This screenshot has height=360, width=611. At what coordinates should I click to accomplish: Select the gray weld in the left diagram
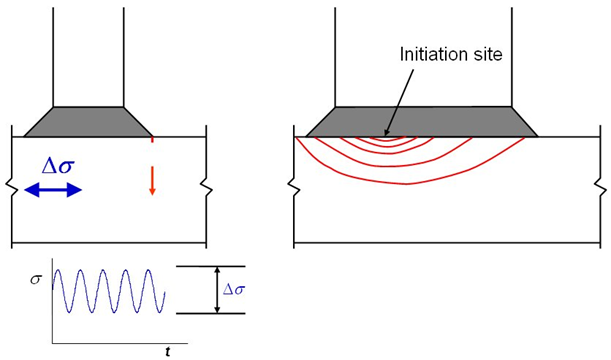tap(88, 122)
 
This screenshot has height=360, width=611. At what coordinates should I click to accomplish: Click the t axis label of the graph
tap(167, 351)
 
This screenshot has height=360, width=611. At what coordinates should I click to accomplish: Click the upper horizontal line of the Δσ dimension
tap(210, 266)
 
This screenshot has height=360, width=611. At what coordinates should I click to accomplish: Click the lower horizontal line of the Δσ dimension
tap(210, 313)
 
